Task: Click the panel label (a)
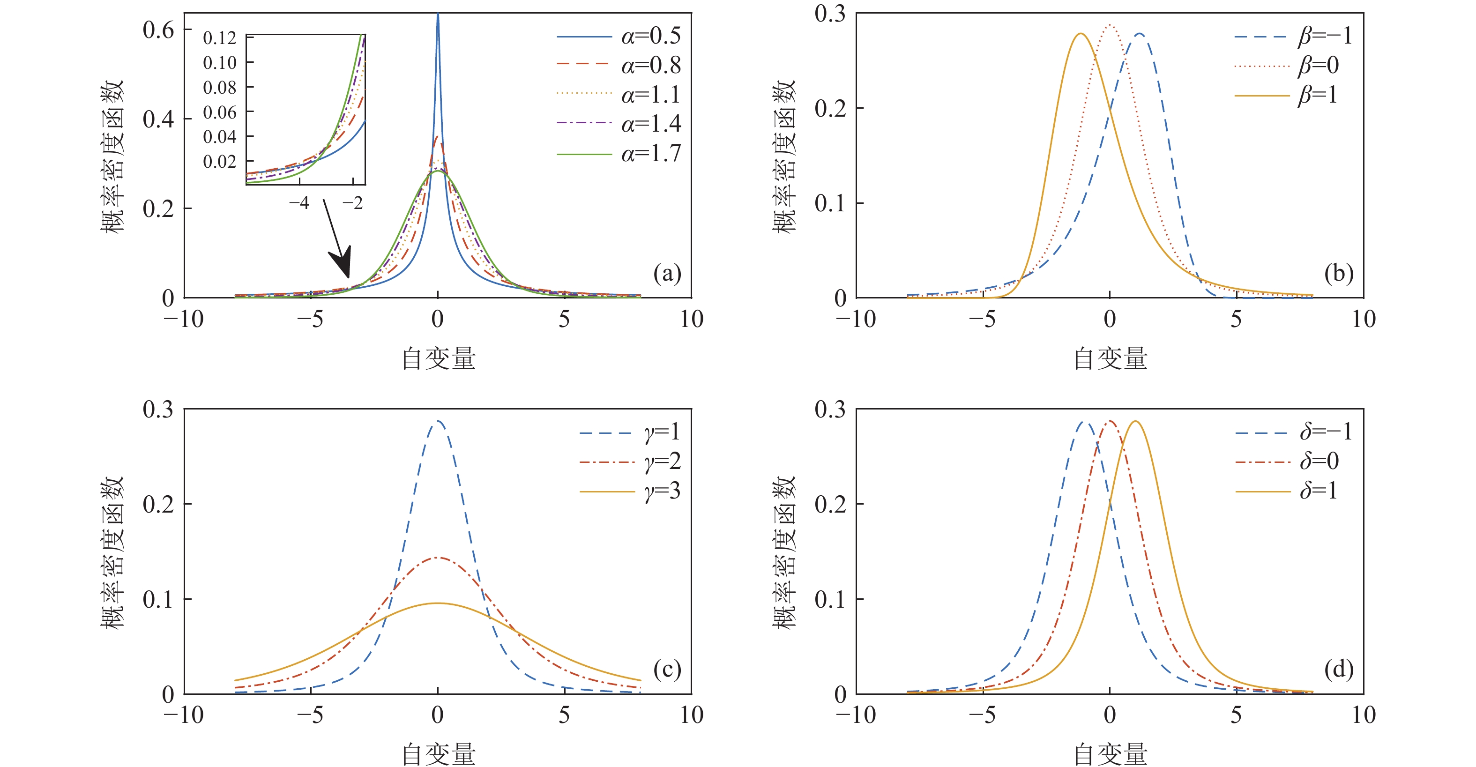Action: coord(667,274)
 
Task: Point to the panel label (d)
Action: coord(1339,669)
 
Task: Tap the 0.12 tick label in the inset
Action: coord(219,38)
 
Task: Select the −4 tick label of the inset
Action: coord(298,203)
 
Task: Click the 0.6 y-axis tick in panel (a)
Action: coord(158,30)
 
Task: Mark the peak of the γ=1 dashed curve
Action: coord(438,421)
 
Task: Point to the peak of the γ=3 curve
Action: coord(438,603)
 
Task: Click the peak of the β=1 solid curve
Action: coord(1081,34)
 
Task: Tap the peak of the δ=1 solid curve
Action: coord(1134,422)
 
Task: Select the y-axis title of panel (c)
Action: coord(112,552)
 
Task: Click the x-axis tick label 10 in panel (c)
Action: coord(691,715)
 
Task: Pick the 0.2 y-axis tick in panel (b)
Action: coord(830,108)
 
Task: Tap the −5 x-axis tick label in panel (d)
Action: coord(982,715)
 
